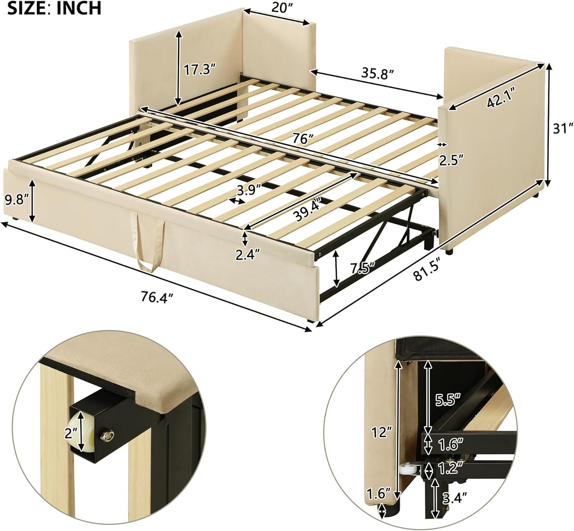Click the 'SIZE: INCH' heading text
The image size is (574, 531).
click(x=54, y=8)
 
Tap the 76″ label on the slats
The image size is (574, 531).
click(x=301, y=139)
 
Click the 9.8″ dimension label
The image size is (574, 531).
click(x=16, y=199)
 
